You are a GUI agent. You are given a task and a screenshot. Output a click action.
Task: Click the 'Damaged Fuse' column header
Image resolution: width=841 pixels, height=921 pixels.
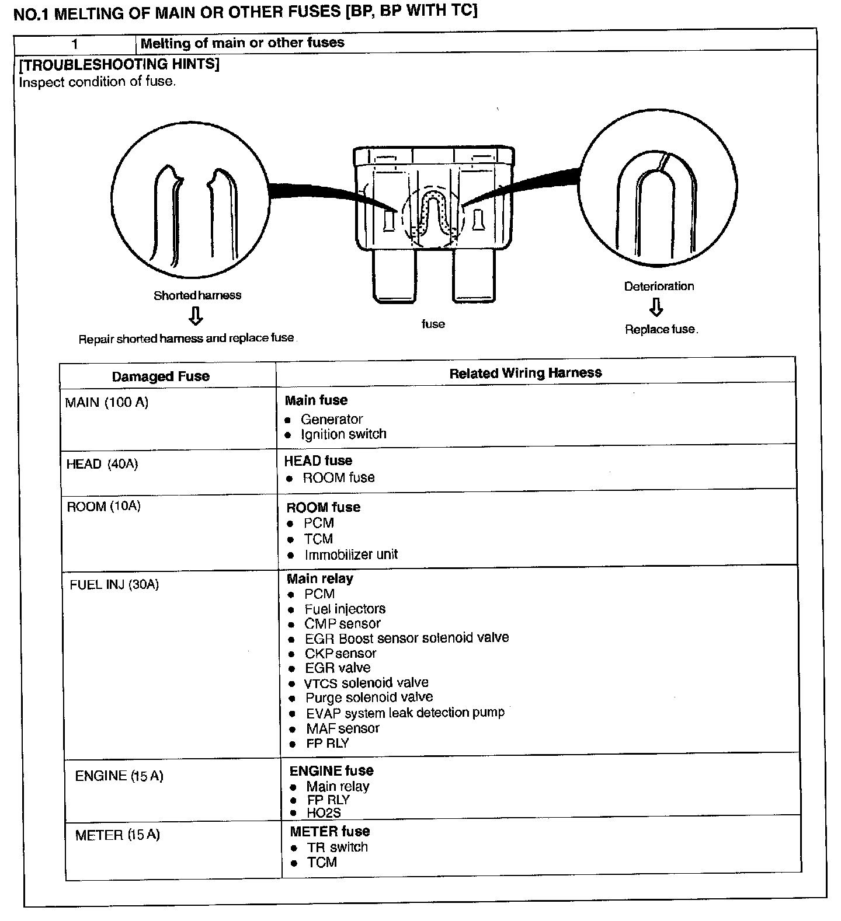(x=161, y=376)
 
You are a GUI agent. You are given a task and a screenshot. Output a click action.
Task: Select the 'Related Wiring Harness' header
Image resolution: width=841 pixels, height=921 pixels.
(x=525, y=373)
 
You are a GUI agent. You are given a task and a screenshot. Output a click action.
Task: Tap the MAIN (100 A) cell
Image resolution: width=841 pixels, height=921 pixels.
(x=107, y=403)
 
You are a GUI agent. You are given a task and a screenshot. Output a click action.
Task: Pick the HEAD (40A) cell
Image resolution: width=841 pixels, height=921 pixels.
(x=102, y=465)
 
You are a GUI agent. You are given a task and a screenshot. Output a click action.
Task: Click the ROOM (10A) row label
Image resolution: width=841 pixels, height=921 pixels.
(x=104, y=506)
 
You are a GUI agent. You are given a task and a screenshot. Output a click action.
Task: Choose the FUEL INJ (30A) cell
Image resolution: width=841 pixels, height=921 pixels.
(x=114, y=585)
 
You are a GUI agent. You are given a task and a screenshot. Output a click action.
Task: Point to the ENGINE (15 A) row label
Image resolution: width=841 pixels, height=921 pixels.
(x=119, y=776)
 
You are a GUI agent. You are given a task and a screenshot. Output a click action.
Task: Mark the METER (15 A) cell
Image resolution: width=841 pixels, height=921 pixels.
(x=117, y=835)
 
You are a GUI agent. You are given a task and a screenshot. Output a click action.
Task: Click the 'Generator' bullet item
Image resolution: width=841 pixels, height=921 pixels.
(x=331, y=420)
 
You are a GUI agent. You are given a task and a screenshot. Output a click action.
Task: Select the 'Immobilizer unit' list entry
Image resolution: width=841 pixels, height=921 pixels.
(x=350, y=554)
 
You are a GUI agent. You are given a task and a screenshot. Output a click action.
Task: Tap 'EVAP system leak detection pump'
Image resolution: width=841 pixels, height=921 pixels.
(x=405, y=713)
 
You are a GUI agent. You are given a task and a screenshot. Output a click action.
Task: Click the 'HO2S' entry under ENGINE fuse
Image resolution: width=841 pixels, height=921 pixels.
(x=324, y=812)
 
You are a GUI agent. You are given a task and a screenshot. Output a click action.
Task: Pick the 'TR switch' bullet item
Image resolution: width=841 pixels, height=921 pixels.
(x=338, y=847)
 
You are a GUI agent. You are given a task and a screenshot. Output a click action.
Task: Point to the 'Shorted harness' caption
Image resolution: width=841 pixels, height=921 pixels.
(x=197, y=295)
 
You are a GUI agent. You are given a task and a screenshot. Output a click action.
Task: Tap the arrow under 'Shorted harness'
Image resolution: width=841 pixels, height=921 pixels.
(x=196, y=317)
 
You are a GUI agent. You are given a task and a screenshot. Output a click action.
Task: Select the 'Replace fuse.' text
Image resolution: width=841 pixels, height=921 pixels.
(x=661, y=330)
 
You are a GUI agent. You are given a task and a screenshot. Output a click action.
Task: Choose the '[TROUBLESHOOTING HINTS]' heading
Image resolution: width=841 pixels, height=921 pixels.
(x=119, y=64)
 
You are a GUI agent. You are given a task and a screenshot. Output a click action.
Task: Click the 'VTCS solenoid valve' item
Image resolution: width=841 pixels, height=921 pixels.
(x=366, y=683)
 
